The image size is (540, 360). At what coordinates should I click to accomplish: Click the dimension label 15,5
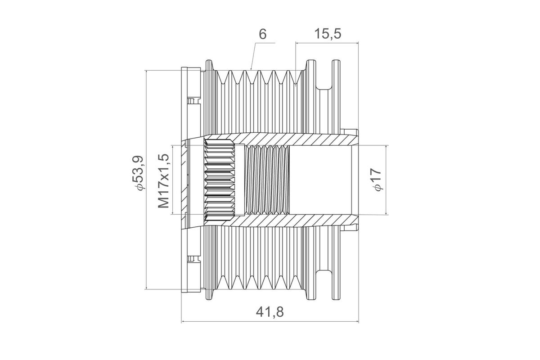328,34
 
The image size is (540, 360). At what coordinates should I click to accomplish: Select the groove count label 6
263,34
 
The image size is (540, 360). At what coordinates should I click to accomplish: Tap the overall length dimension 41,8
270,312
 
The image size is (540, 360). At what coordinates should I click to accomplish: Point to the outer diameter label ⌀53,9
139,173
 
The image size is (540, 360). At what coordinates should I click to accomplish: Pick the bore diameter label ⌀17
377,180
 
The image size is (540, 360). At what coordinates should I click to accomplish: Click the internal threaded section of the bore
267,180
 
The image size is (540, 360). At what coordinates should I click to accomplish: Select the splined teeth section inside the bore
220,180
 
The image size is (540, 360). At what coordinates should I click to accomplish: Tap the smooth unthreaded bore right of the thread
320,180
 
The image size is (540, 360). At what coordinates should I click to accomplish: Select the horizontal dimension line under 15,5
327,43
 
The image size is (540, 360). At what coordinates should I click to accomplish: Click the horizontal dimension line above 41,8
270,321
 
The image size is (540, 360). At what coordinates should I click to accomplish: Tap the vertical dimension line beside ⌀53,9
146,180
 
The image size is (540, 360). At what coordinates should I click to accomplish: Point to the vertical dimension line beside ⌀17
386,180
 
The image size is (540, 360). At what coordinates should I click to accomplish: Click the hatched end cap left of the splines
184,180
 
